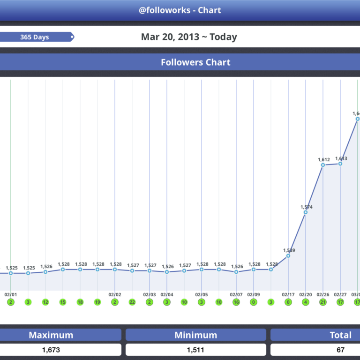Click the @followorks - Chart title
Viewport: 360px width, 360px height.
click(x=180, y=10)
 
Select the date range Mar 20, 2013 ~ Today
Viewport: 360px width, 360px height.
click(x=189, y=37)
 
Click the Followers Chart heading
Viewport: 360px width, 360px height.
click(x=195, y=62)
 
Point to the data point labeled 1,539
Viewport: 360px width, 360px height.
click(x=288, y=256)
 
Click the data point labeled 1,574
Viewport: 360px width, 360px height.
click(x=306, y=212)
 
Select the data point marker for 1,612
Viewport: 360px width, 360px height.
click(x=323, y=165)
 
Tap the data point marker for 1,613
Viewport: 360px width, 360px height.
click(x=340, y=164)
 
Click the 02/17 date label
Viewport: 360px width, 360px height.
click(x=288, y=295)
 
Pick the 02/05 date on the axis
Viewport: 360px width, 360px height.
click(x=202, y=295)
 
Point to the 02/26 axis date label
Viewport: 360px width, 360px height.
click(x=323, y=295)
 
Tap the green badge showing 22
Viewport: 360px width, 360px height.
click(x=132, y=302)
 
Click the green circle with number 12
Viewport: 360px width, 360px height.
click(x=45, y=302)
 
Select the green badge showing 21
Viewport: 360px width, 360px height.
click(x=323, y=302)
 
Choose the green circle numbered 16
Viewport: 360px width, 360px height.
click(x=236, y=302)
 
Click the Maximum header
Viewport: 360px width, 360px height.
click(x=51, y=335)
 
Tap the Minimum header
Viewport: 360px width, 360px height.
click(x=195, y=335)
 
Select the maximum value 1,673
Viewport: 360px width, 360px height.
click(x=51, y=350)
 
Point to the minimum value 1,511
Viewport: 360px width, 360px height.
click(x=195, y=350)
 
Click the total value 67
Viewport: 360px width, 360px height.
click(x=340, y=350)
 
